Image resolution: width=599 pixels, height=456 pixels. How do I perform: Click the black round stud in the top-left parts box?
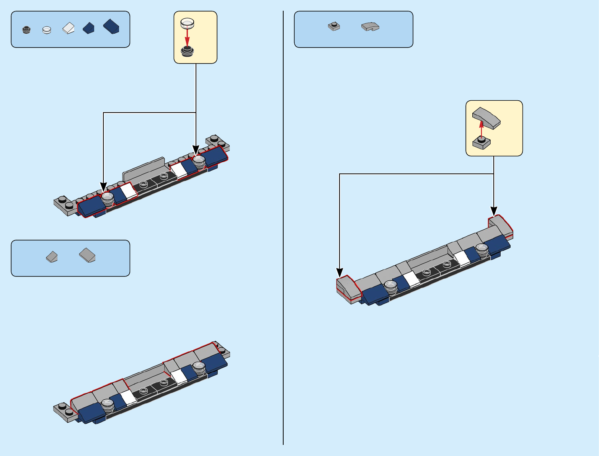26,30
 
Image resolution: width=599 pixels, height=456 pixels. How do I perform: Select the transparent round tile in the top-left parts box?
47,30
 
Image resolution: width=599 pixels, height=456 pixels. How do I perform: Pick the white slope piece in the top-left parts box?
69,28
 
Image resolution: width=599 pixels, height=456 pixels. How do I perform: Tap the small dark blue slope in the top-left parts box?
88,28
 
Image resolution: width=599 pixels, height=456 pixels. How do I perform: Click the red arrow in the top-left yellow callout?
187,37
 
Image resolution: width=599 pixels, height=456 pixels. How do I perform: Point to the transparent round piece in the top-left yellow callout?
187,23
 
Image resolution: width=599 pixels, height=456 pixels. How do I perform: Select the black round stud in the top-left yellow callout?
187,51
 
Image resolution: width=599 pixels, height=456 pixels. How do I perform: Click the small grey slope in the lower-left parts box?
52,257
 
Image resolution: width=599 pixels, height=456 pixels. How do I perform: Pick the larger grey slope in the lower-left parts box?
87,255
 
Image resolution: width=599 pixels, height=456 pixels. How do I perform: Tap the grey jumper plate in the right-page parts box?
334,26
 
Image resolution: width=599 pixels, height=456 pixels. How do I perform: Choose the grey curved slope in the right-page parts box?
370,26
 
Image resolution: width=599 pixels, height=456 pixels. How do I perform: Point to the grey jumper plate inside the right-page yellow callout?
481,143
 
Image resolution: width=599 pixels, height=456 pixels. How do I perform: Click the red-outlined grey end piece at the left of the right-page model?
348,288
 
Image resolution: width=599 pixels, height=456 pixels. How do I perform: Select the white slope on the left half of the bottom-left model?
129,397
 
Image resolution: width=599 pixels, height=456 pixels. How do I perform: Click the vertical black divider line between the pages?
283,230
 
